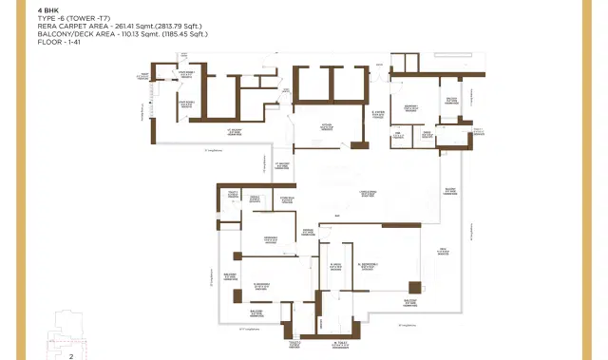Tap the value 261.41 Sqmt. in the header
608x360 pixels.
[x=123, y=26]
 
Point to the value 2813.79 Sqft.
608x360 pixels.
[x=170, y=26]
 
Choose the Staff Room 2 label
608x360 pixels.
[x=187, y=105]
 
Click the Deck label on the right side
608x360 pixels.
[x=443, y=251]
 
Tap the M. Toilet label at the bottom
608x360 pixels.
[x=340, y=345]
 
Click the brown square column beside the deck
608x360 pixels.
[x=415, y=288]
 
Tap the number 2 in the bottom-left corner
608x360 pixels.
[x=71, y=355]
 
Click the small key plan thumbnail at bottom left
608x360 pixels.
[x=71, y=328]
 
